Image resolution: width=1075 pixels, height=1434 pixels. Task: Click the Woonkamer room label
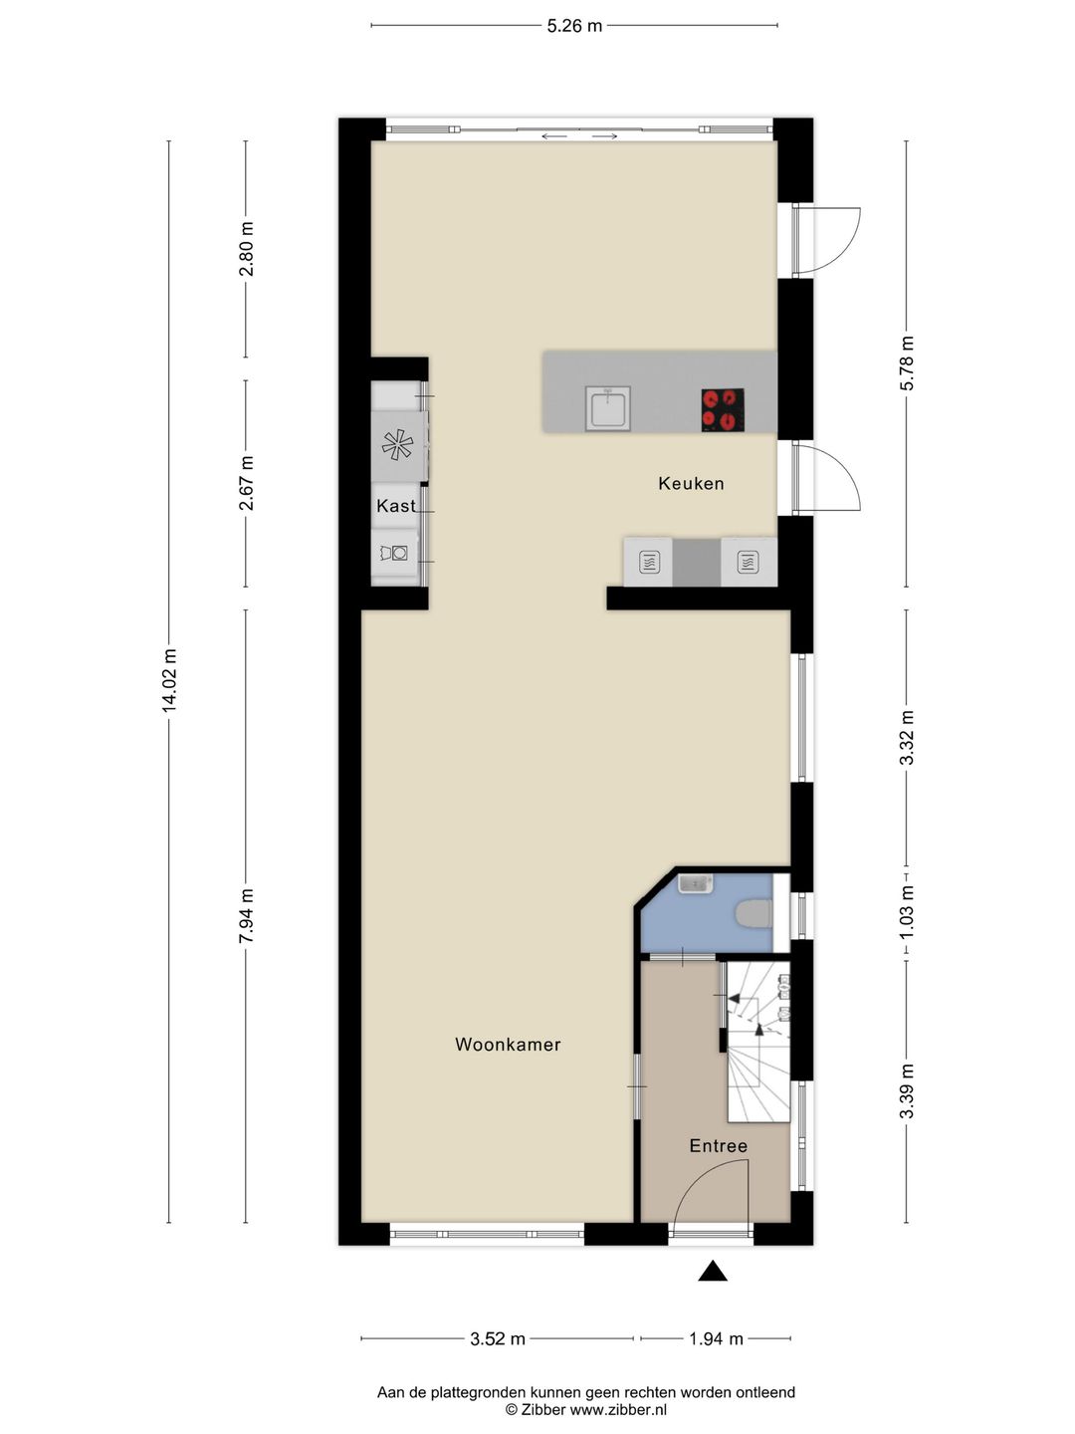(508, 1045)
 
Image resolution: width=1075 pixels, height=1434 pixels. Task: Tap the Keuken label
(691, 484)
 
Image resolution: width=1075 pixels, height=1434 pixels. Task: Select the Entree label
(718, 1146)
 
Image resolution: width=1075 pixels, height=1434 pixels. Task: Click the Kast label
(395, 506)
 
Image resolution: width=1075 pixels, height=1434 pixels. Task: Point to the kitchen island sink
(607, 408)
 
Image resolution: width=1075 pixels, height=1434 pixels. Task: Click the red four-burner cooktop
(723, 409)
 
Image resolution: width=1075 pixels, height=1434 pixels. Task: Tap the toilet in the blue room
(753, 913)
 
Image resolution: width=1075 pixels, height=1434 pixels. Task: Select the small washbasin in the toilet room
(695, 883)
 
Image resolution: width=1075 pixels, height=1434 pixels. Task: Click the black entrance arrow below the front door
(712, 1271)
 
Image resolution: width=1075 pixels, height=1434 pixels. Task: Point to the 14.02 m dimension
(169, 680)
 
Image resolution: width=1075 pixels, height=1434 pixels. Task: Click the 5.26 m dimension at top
(574, 26)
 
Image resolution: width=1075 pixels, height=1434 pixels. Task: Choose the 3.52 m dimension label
(498, 1339)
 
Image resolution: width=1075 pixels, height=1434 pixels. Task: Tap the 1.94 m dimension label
(716, 1339)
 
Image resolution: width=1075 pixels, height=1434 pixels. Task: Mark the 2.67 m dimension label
(247, 483)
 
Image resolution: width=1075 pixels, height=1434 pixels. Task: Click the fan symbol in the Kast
(397, 445)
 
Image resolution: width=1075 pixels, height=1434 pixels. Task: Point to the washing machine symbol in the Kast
(394, 552)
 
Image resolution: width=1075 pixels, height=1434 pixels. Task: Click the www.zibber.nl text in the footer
(618, 1410)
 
